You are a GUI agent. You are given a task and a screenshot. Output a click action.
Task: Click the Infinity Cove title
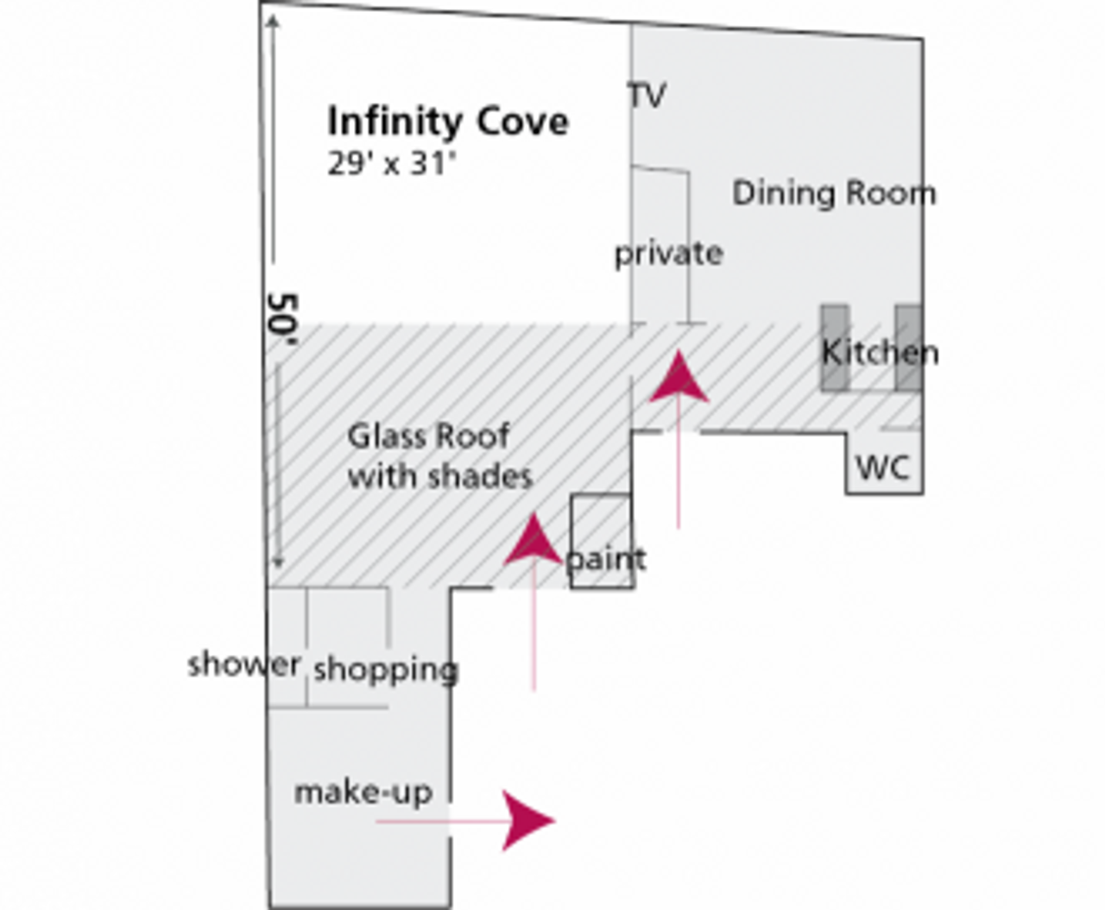point(447,122)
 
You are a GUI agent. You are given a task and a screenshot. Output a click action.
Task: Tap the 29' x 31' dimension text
point(390,164)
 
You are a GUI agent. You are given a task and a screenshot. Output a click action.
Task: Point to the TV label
point(647,95)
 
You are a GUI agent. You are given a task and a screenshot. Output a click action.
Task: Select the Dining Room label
point(833,192)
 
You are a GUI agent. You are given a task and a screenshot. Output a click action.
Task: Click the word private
point(668,254)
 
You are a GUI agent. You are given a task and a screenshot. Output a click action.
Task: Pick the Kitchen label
point(879,352)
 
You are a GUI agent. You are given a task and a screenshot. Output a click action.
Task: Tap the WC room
point(882,468)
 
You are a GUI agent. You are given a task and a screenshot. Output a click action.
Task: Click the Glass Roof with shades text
point(439,455)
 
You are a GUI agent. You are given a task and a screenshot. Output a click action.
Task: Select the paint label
point(606,560)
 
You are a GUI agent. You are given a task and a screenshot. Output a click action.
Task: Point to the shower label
point(244,664)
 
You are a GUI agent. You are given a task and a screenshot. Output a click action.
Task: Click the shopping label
point(385,669)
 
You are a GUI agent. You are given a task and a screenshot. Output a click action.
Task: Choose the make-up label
point(363,793)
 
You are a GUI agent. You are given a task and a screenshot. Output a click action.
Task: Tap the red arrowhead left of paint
point(534,541)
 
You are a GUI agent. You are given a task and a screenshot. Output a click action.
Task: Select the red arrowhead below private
point(679,378)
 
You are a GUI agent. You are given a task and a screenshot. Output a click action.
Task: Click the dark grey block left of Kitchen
point(834,348)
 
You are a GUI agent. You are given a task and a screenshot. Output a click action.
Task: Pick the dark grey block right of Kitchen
point(907,348)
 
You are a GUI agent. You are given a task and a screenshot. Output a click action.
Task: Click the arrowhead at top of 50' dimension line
point(273,22)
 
